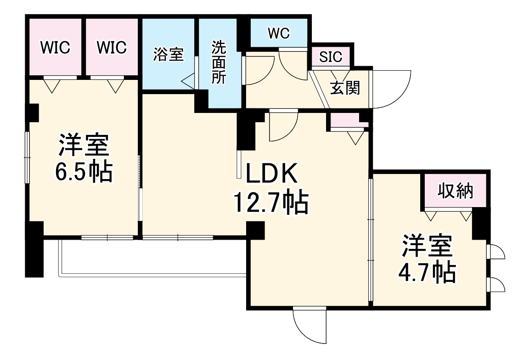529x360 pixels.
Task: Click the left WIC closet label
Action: (x=55, y=47)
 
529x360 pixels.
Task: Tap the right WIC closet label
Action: (x=112, y=47)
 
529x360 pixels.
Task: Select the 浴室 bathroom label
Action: (x=169, y=55)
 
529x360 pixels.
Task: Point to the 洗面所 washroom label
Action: (x=219, y=62)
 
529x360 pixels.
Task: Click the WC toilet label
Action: (x=279, y=34)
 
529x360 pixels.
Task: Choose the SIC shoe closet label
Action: (x=331, y=57)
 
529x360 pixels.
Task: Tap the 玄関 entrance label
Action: (x=345, y=88)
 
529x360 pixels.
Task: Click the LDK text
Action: (x=273, y=174)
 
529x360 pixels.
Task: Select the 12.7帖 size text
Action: (x=271, y=202)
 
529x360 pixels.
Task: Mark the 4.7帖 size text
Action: (x=427, y=272)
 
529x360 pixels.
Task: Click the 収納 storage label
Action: (x=455, y=190)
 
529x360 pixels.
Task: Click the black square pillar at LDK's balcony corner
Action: (x=256, y=230)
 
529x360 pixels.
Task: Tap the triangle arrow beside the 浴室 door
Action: (x=188, y=82)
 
